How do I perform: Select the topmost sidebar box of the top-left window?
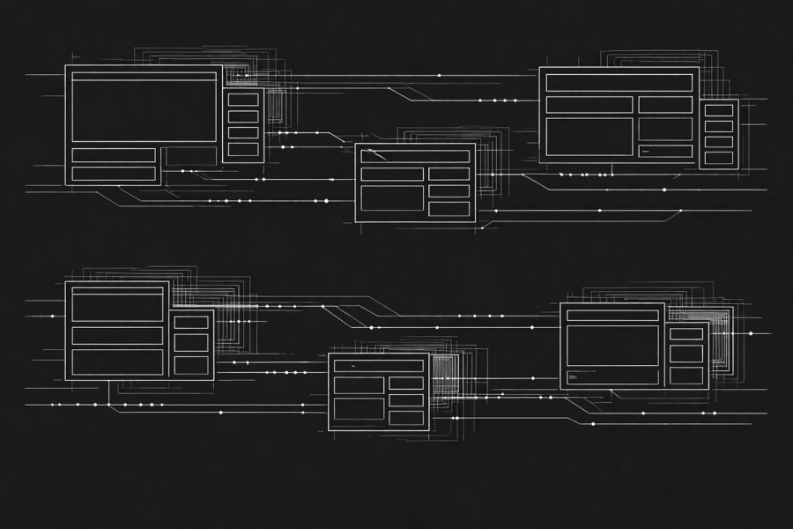pyautogui.click(x=243, y=100)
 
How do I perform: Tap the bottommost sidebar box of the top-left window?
pyautogui.click(x=243, y=149)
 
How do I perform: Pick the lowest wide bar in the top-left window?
pyautogui.click(x=114, y=174)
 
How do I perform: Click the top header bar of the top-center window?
pyautogui.click(x=415, y=156)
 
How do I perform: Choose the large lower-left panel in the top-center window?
pyautogui.click(x=392, y=198)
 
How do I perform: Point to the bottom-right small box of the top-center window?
pyautogui.click(x=448, y=209)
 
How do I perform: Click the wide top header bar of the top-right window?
pyautogui.click(x=619, y=83)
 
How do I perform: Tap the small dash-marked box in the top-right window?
pyautogui.click(x=665, y=151)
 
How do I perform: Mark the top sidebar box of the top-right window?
pyautogui.click(x=719, y=110)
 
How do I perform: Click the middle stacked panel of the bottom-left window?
pyautogui.click(x=117, y=336)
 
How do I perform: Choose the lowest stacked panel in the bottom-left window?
pyautogui.click(x=117, y=362)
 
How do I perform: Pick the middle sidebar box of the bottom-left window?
pyautogui.click(x=191, y=342)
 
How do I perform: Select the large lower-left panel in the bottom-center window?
pyautogui.click(x=359, y=409)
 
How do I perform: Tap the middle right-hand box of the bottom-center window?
pyautogui.click(x=406, y=400)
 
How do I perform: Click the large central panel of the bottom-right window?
pyautogui.click(x=612, y=346)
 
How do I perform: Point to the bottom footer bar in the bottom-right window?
pyautogui.click(x=612, y=377)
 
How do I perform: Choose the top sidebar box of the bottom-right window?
pyautogui.click(x=686, y=334)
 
